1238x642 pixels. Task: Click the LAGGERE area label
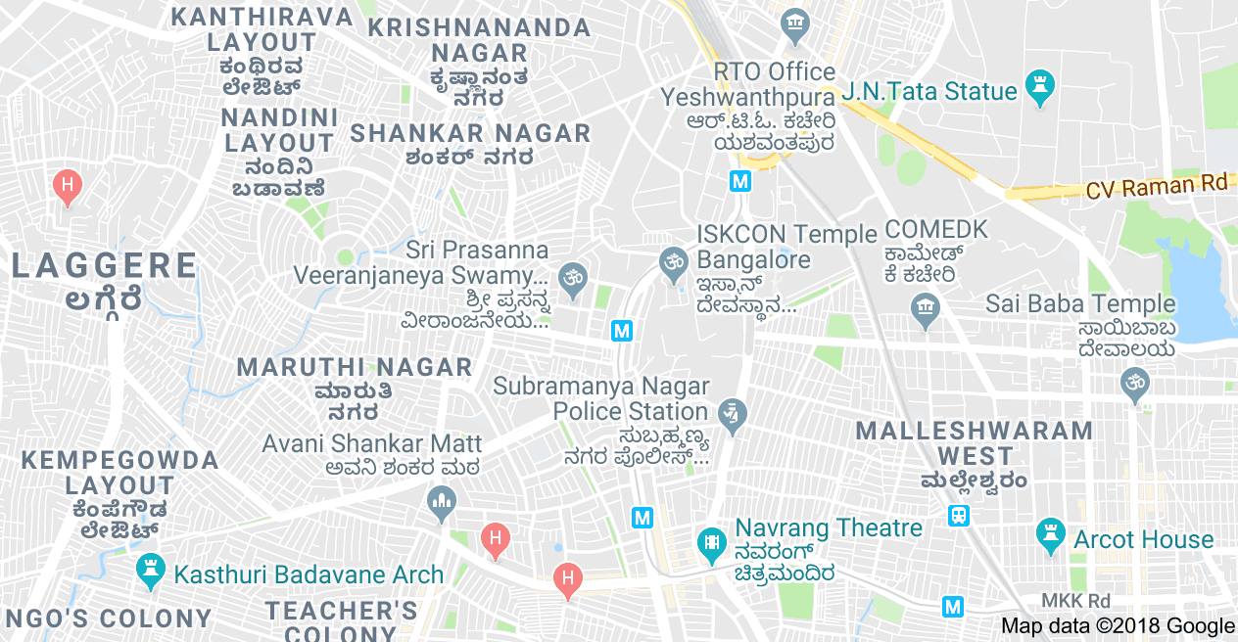pos(105,266)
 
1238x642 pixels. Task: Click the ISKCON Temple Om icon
pos(671,260)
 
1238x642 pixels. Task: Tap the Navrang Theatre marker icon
pos(711,540)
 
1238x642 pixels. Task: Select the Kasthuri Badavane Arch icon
pos(150,570)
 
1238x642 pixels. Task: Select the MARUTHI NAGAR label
pos(356,368)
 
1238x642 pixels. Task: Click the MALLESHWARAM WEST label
pos(975,443)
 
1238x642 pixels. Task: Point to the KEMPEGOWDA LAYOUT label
pos(119,473)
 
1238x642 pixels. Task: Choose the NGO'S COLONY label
pos(109,619)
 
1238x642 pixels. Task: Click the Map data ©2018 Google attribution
pos(1118,626)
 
